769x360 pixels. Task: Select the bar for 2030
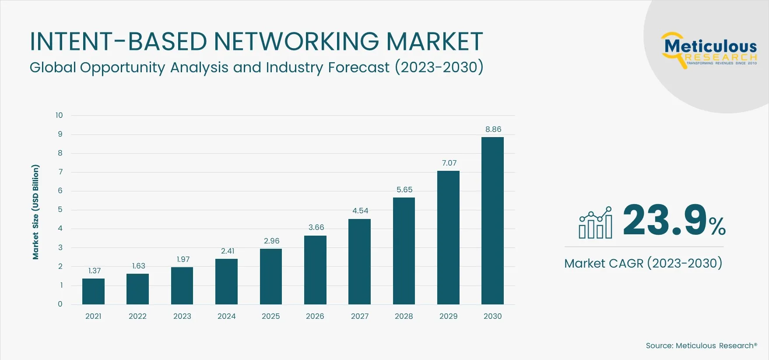492,221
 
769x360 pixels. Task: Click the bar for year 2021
93,291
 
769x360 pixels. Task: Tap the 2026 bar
315,270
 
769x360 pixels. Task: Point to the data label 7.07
449,163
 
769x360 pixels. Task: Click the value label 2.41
228,251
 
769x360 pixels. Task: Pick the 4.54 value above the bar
360,211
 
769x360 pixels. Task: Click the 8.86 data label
493,129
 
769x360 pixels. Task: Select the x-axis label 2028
404,316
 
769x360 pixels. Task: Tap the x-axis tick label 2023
182,316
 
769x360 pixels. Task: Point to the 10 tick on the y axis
59,115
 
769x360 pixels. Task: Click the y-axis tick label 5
60,210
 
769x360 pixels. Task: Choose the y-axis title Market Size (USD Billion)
35,212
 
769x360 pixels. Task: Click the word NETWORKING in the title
296,42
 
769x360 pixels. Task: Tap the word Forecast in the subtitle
358,67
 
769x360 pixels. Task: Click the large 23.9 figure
664,220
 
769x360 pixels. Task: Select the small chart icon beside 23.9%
595,223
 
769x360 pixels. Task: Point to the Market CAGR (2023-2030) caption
643,263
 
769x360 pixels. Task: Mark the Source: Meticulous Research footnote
701,346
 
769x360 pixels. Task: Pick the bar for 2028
404,251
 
